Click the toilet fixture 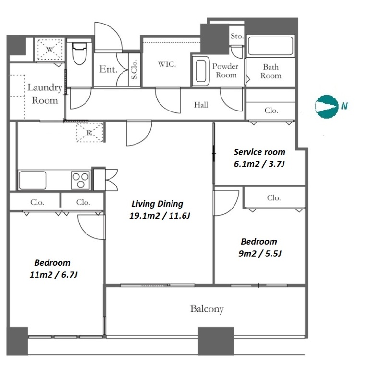(79, 54)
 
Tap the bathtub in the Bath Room (271, 46)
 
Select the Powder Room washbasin (201, 71)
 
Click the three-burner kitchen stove (81, 180)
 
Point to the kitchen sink (33, 180)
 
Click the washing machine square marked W (49, 49)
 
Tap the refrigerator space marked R (89, 133)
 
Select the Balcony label (207, 309)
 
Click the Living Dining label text (157, 204)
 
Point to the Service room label (259, 152)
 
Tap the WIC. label (167, 64)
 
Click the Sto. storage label (237, 36)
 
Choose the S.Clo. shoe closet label (135, 69)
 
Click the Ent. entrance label (108, 69)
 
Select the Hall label (201, 105)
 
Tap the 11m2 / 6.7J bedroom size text (53, 275)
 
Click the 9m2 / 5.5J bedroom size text (260, 254)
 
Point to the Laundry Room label (45, 94)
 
